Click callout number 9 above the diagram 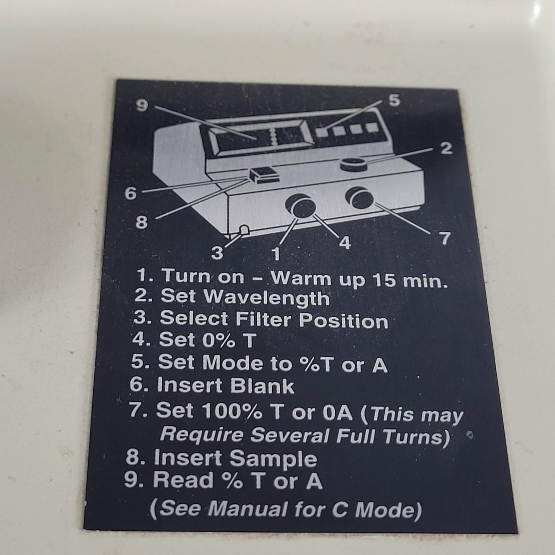pos(142,105)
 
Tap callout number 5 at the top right pos(394,100)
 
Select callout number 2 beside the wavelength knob pos(447,148)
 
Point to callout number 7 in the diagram pos(445,238)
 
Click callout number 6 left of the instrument pos(131,193)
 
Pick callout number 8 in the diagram pos(142,222)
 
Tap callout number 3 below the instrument pos(217,253)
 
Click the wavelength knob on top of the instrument pos(353,164)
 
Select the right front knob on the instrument pos(359,198)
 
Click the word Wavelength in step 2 pos(266,298)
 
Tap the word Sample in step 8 pos(273,459)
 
